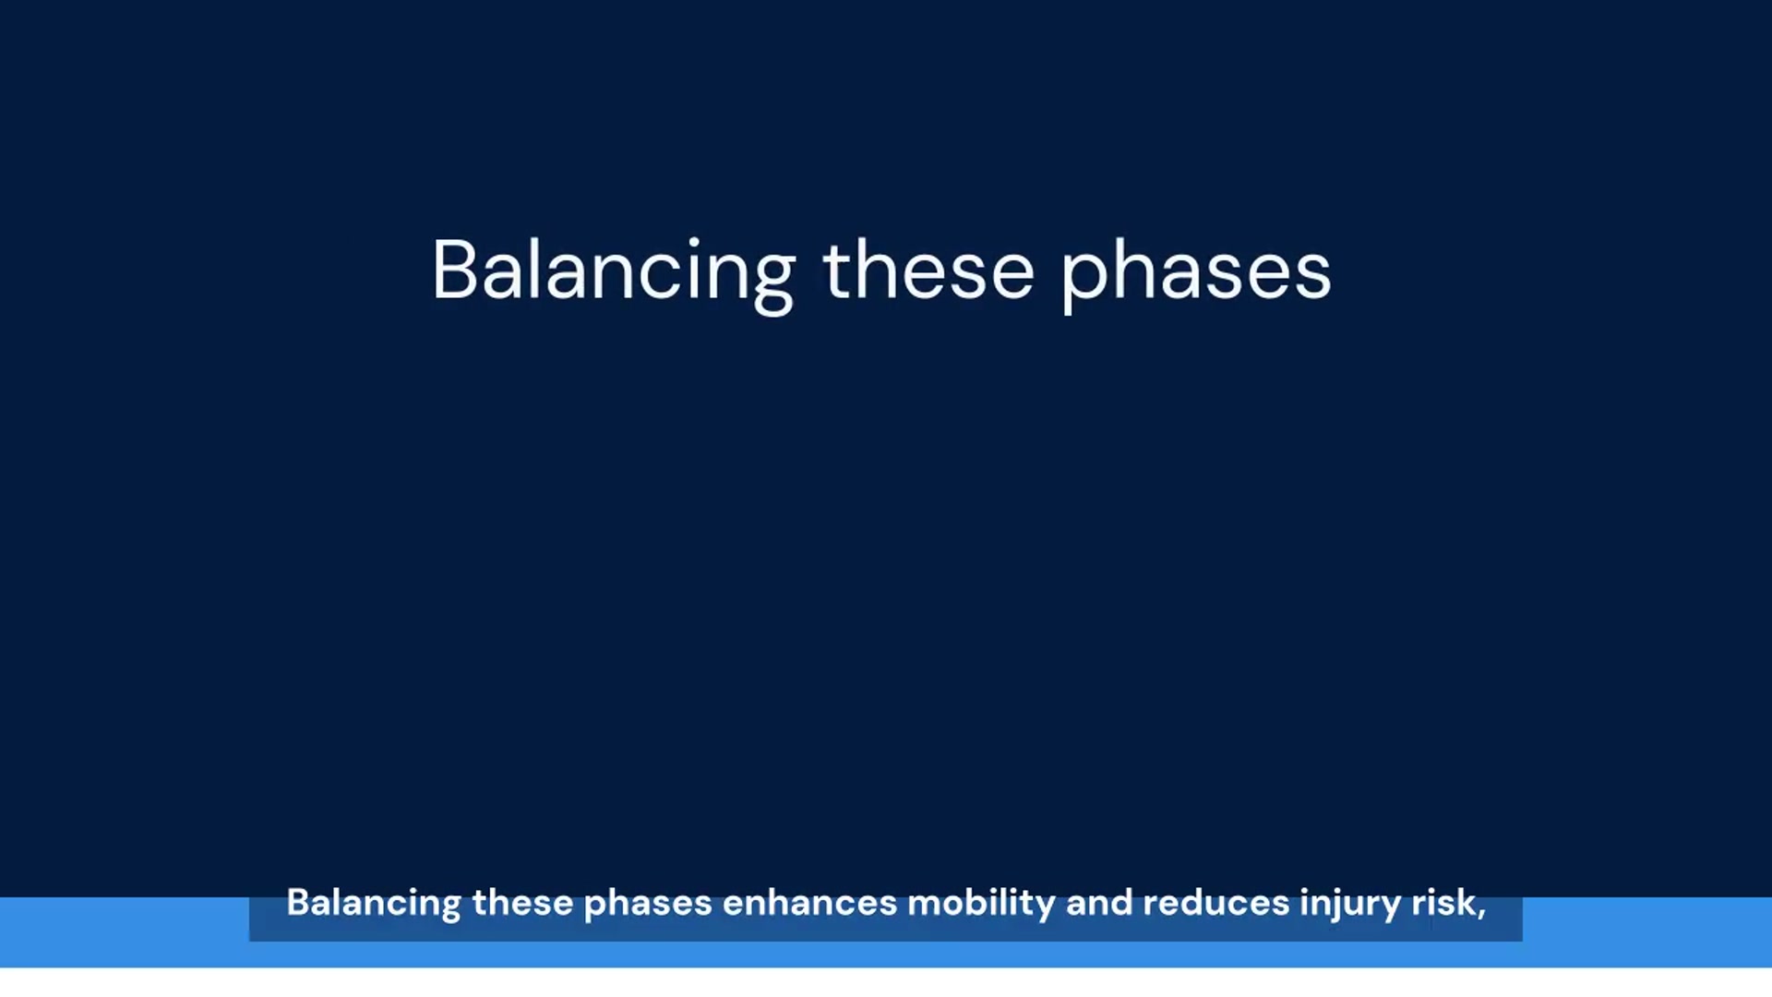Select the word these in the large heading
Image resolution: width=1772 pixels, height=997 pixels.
coord(928,270)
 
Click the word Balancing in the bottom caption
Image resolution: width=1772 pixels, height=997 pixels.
coord(374,904)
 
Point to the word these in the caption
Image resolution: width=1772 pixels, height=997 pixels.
coord(522,903)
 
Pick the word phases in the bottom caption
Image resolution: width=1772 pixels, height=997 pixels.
coord(648,905)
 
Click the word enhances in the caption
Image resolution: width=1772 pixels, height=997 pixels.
coord(809,903)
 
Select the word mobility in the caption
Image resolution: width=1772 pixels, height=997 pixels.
coord(981,905)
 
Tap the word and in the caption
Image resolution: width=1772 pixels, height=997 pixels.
coord(1099,903)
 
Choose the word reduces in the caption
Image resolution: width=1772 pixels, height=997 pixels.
coord(1216,903)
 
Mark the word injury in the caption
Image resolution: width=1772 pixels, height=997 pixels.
coord(1350,905)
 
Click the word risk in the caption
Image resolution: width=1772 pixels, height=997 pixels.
coord(1443,903)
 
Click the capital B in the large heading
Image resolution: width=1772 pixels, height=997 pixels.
coord(454,270)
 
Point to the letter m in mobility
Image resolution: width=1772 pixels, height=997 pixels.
coord(926,907)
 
